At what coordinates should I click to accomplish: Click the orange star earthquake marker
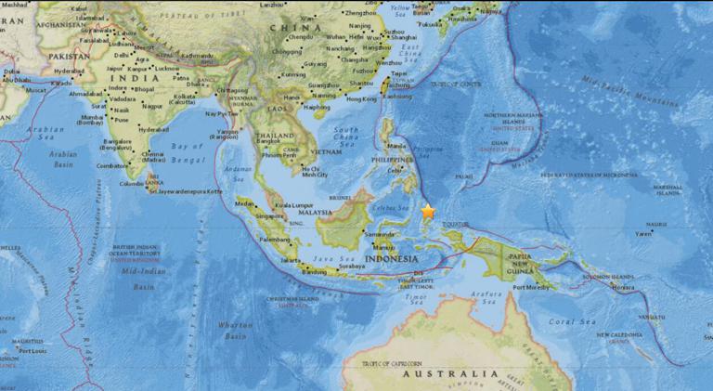[x=428, y=211]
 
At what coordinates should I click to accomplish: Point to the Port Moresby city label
[x=533, y=286]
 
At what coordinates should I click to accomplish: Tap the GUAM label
[x=499, y=143]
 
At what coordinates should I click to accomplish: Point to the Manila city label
[x=396, y=145]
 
